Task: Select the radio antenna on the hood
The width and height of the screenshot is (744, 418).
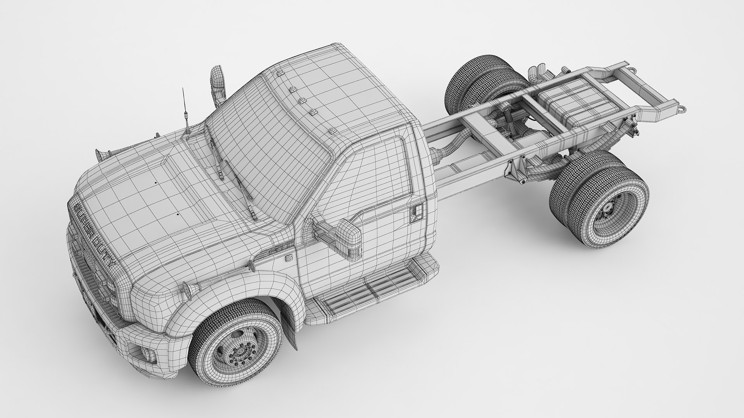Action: coord(185,112)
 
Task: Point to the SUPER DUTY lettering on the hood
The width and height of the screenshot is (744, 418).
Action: coord(95,234)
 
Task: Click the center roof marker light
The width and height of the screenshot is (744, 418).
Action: coord(303,101)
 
